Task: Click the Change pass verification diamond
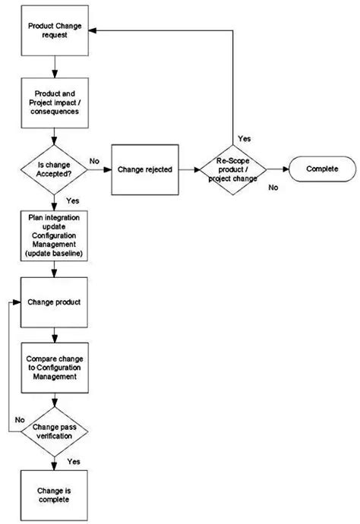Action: [x=52, y=432]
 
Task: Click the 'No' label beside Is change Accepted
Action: [x=94, y=161]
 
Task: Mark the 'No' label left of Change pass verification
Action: [x=21, y=418]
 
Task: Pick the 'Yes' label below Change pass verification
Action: [x=74, y=461]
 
